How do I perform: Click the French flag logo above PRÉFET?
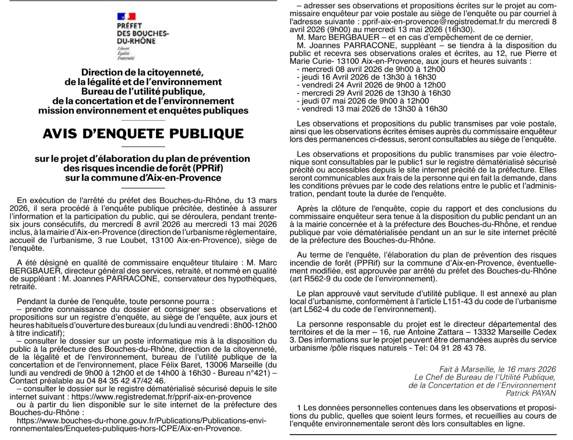126,17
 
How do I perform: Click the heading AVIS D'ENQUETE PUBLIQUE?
143,134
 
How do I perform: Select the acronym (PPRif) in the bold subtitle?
208,168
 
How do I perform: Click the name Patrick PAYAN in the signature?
530,393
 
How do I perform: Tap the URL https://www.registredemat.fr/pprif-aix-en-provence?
161,397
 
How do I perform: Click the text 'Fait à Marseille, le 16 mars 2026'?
497,369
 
